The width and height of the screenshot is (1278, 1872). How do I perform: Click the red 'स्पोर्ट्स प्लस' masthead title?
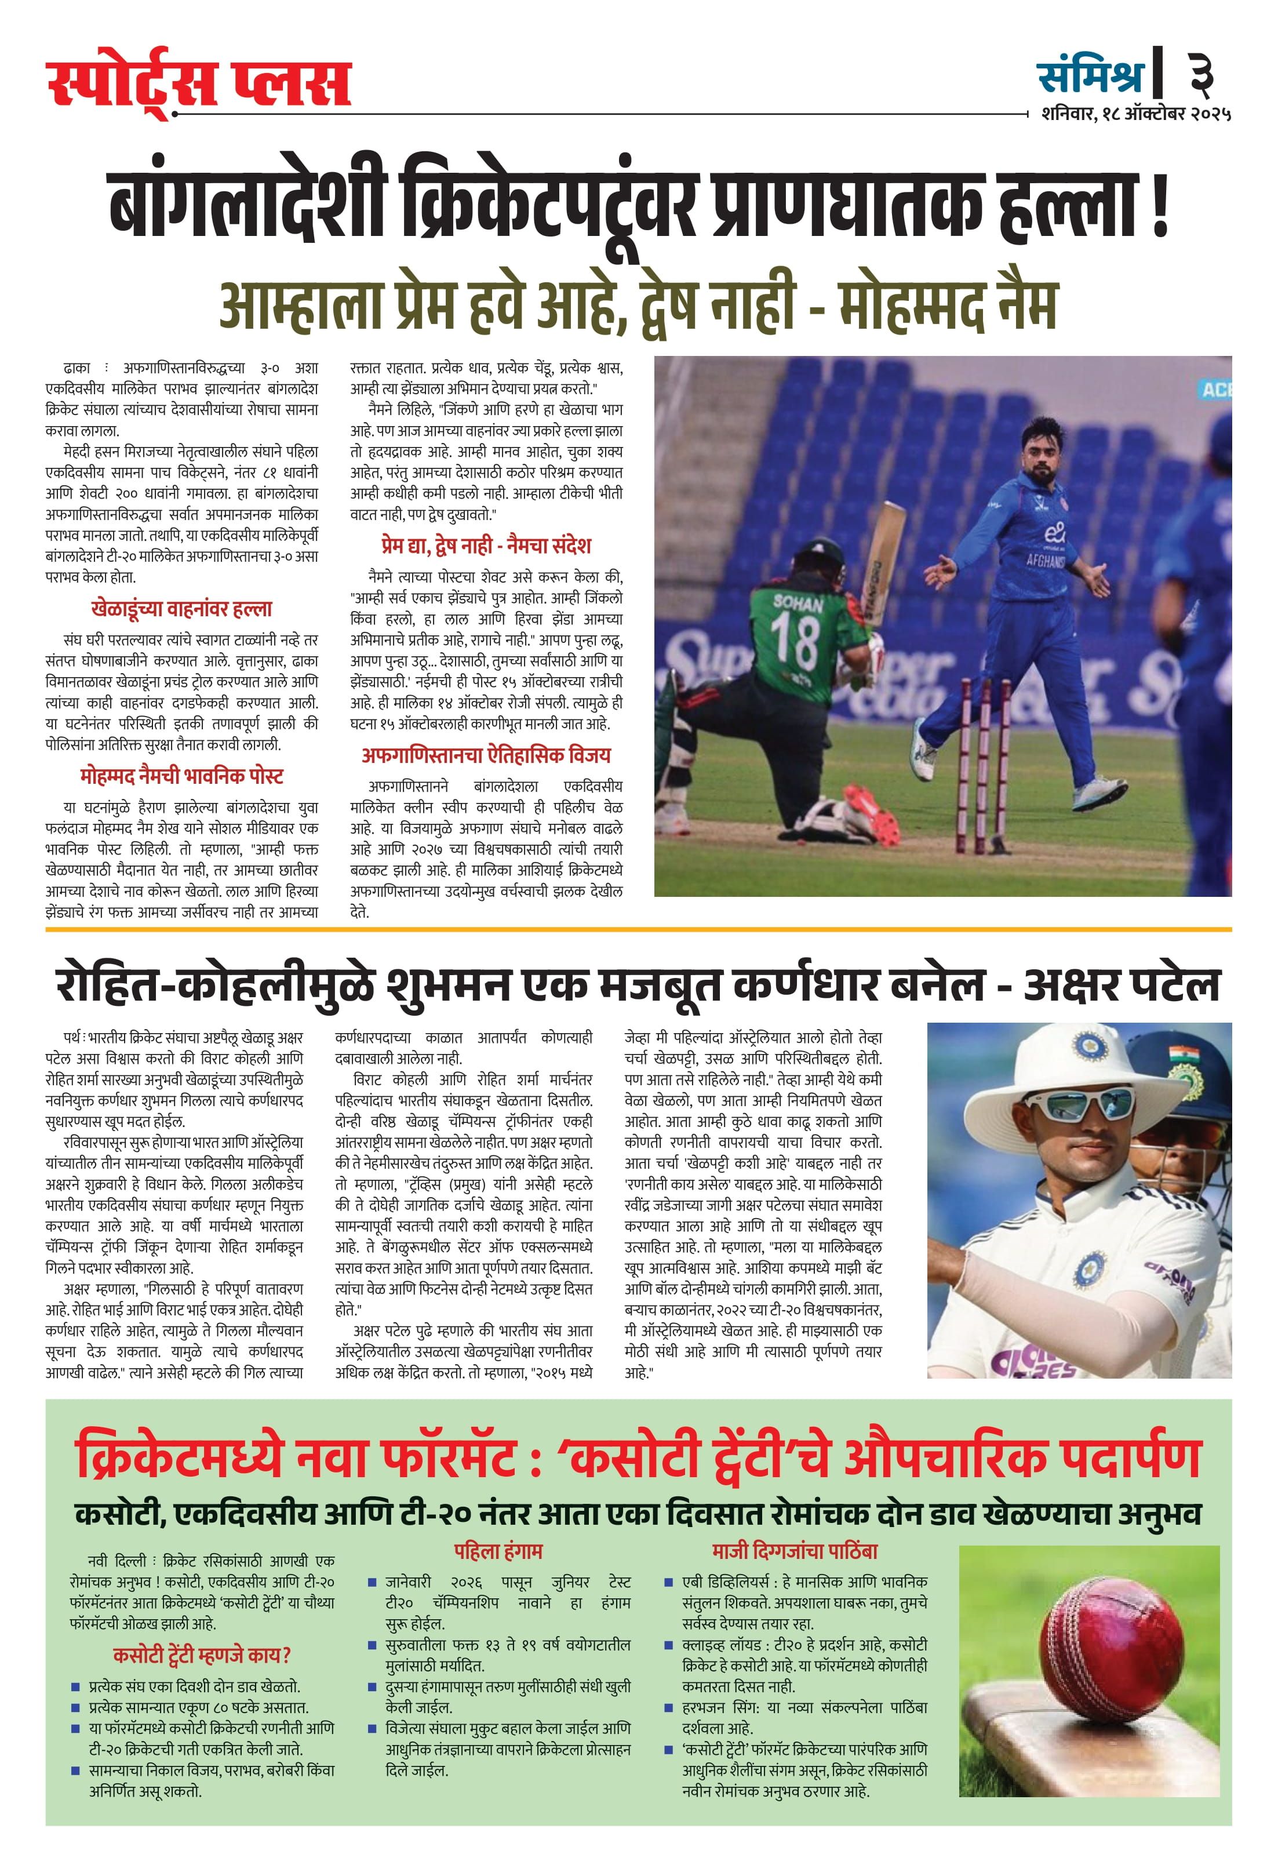[198, 81]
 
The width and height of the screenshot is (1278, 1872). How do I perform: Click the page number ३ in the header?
[1201, 74]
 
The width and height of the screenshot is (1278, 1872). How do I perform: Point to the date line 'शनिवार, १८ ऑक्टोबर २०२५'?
[1135, 114]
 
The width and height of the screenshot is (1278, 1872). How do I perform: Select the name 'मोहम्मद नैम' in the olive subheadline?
[947, 306]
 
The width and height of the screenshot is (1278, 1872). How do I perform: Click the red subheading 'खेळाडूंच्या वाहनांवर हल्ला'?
[181, 608]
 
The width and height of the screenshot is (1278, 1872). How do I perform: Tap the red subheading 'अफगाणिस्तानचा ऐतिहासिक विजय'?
[486, 755]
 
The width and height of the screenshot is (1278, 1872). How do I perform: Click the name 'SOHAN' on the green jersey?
[798, 602]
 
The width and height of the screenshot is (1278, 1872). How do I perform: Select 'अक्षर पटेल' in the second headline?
[1121, 985]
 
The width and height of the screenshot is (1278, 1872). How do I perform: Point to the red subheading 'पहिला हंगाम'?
[498, 1551]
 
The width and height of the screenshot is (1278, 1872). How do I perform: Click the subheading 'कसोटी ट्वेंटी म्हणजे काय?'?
[201, 1655]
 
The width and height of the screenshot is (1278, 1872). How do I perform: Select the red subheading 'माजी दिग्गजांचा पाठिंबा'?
[794, 1551]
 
